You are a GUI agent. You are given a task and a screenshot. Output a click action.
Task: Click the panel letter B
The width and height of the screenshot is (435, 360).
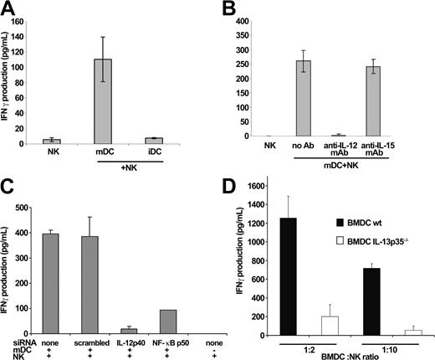point(230,8)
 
